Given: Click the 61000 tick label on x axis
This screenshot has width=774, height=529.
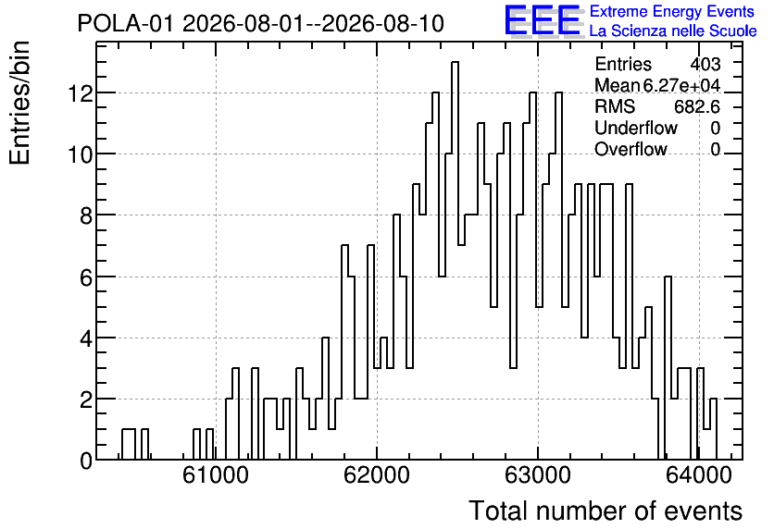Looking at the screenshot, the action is (x=216, y=475).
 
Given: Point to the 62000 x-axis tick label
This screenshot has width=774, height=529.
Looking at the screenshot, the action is (x=377, y=475).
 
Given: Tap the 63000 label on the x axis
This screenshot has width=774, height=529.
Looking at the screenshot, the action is (x=538, y=475).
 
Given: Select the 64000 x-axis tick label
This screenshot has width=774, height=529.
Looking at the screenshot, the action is (x=698, y=475).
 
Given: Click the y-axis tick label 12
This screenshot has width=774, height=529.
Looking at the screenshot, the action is (x=81, y=93).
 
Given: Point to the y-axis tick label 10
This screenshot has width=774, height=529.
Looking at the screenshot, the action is (x=81, y=154).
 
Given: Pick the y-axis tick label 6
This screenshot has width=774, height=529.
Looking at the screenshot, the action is (x=86, y=277).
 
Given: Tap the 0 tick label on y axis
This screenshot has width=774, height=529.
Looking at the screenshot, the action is (x=86, y=461).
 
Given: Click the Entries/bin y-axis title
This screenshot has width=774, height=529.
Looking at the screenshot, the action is (x=19, y=104).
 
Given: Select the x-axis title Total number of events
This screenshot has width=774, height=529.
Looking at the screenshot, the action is (x=605, y=511).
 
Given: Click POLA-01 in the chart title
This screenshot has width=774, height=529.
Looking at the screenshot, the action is (x=125, y=24).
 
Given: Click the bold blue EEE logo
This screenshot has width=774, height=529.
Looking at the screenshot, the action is (x=543, y=20).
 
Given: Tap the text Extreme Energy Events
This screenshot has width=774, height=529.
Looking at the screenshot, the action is (x=672, y=11).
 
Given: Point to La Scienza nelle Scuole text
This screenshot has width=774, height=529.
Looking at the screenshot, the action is (x=673, y=31).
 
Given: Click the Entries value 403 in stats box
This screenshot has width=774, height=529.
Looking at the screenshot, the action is (x=705, y=64).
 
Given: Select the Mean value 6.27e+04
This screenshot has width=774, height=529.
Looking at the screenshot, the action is (x=681, y=85).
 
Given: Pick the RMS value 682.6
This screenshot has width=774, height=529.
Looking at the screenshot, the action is (x=697, y=106).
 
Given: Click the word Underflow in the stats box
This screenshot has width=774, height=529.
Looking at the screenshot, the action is (x=636, y=128).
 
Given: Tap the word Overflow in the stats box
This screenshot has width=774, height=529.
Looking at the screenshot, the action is (x=630, y=149).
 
